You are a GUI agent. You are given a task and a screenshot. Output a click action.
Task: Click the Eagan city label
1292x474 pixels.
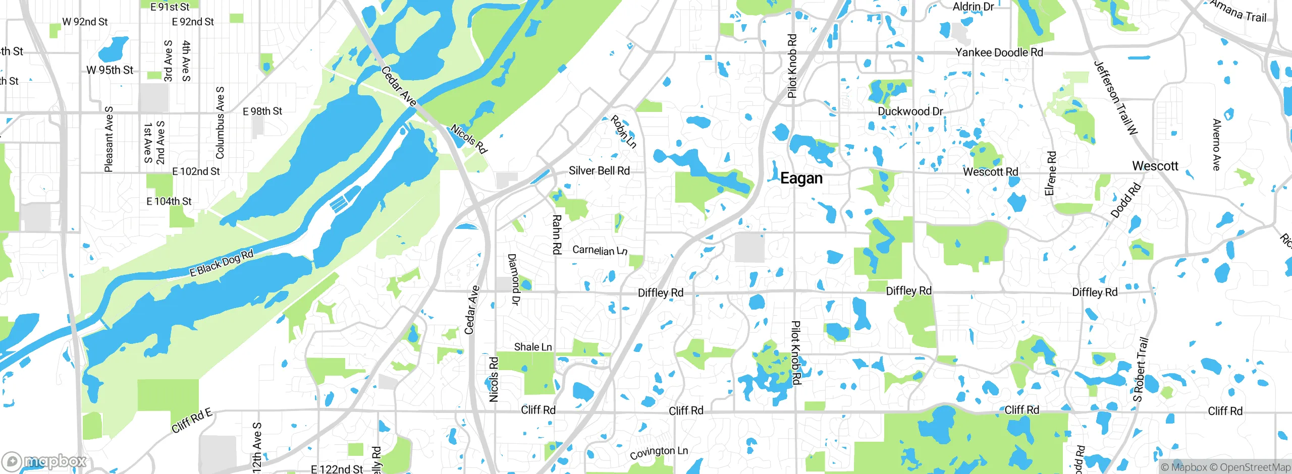(x=801, y=178)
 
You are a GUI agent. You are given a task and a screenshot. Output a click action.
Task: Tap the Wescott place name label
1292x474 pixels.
(x=1155, y=166)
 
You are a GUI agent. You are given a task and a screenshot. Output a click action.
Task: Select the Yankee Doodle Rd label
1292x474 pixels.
(x=999, y=52)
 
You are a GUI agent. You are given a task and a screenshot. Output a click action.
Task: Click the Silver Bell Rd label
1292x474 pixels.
(x=599, y=170)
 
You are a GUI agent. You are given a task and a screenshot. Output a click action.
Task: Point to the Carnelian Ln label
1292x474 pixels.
(x=600, y=250)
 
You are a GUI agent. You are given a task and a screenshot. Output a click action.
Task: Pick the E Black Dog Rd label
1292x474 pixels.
(x=221, y=264)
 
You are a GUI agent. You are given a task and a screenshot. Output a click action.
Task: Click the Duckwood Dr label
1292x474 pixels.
(x=910, y=111)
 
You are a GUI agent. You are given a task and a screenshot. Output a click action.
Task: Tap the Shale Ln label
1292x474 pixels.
(x=532, y=347)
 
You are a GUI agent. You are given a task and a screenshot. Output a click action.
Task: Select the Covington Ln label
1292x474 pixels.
(x=659, y=452)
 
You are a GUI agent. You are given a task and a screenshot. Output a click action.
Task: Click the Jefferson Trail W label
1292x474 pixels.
(x=1115, y=98)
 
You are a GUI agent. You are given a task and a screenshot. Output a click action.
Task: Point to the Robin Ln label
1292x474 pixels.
(x=623, y=132)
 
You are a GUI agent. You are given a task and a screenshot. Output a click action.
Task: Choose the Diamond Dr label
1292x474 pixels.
(x=513, y=279)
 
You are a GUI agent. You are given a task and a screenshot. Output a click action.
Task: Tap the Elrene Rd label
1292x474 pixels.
(x=1050, y=173)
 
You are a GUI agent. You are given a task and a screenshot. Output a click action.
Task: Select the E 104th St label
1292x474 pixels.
(x=169, y=202)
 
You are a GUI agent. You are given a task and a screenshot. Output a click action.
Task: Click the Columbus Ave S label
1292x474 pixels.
(x=220, y=123)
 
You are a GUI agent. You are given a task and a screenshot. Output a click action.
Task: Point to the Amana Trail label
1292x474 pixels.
(x=1239, y=11)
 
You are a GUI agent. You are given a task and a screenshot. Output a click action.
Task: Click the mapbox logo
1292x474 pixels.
(x=44, y=461)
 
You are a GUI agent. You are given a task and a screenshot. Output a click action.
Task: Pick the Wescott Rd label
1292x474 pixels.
(x=990, y=172)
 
